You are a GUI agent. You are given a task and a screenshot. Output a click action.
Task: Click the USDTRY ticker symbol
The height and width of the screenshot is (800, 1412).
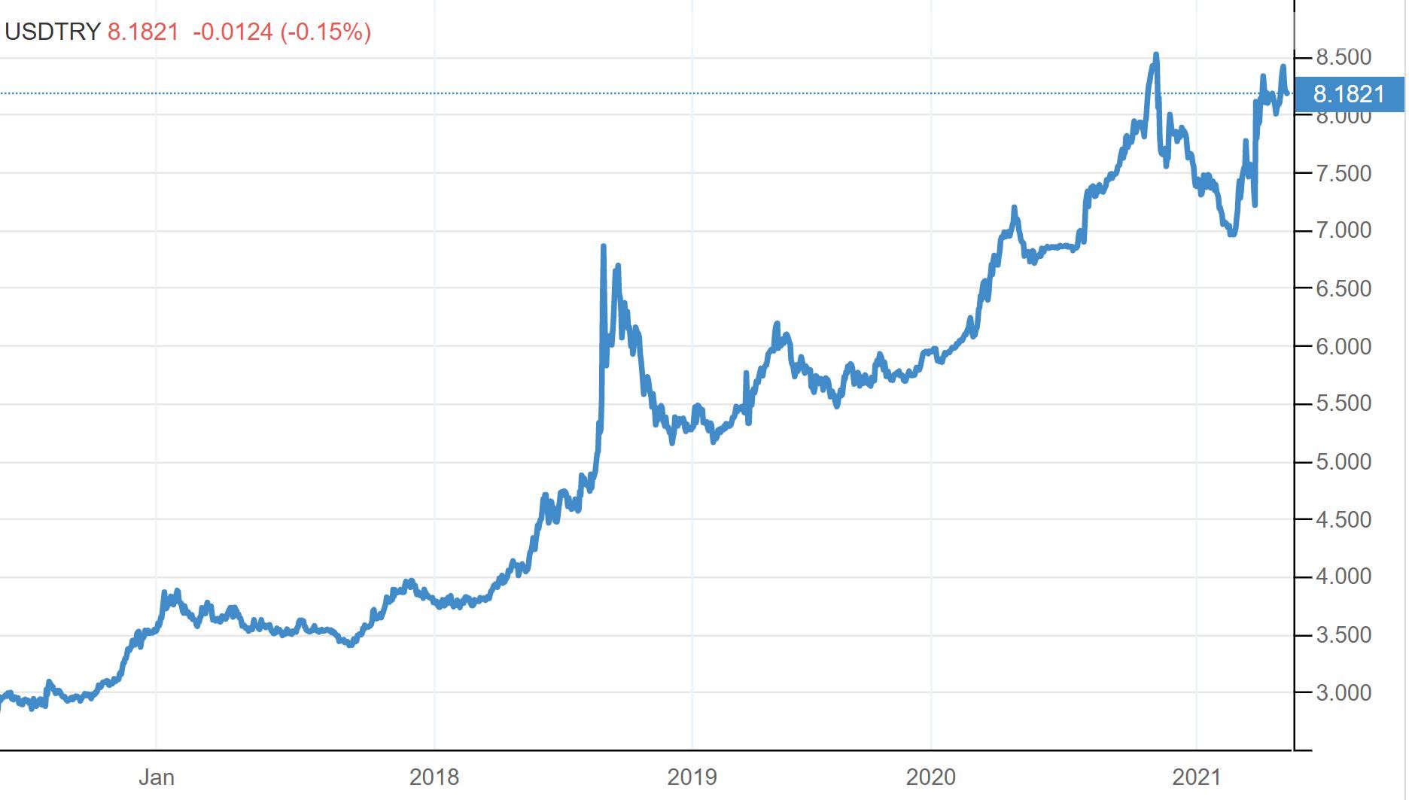coord(53,32)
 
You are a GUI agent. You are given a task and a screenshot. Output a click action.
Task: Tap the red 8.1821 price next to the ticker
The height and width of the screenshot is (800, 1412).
coord(143,32)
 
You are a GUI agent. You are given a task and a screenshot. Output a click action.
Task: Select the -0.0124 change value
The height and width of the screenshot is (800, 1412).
coord(233,32)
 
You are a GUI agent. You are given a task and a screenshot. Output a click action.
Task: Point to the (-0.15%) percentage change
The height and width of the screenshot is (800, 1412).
coord(325,32)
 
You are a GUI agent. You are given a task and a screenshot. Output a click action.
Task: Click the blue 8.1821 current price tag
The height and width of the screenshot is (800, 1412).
coord(1348,94)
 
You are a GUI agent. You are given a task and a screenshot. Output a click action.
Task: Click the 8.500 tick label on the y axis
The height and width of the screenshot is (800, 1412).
coord(1343,57)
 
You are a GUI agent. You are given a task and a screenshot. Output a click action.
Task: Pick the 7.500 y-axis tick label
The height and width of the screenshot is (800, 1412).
coord(1343,173)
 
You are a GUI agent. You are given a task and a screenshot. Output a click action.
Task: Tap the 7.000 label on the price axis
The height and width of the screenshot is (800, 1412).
coord(1343,230)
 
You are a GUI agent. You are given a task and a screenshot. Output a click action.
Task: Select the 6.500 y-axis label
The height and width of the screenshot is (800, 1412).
coord(1343,288)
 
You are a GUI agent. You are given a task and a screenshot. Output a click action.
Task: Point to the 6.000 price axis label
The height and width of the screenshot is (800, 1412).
coord(1343,346)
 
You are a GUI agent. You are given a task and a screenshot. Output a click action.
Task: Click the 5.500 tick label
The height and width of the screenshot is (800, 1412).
coord(1343,403)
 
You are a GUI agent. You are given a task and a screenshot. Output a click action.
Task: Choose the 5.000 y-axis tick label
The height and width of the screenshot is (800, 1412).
coord(1343,461)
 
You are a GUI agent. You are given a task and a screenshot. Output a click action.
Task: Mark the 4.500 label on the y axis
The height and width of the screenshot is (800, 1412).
coord(1343,519)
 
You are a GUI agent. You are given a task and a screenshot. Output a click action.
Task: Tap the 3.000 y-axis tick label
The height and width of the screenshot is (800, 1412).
coord(1343,692)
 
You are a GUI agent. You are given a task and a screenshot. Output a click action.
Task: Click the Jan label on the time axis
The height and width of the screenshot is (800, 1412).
coord(157,777)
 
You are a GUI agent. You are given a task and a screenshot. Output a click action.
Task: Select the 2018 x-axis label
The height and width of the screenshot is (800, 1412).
coord(434,777)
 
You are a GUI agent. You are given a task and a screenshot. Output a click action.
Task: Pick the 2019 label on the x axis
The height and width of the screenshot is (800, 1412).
coord(692,777)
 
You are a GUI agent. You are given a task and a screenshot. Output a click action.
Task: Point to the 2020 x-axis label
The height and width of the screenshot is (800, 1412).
coord(930,777)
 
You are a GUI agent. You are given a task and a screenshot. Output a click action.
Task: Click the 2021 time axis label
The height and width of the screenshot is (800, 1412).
coord(1196,777)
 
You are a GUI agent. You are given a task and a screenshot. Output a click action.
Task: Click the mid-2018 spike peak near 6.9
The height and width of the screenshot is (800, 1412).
coord(604,247)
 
